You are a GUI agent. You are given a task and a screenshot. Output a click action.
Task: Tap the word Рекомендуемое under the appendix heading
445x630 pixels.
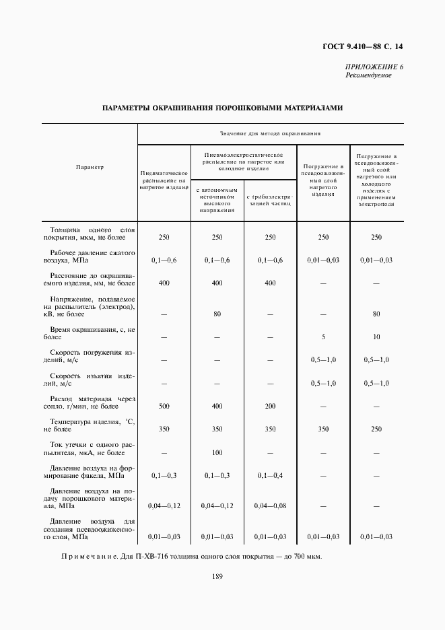click(368, 75)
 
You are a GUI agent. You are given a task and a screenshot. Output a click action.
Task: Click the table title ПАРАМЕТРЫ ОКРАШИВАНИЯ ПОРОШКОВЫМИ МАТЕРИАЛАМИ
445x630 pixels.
click(222, 107)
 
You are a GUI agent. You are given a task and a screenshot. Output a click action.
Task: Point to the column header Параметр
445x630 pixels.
click(90, 168)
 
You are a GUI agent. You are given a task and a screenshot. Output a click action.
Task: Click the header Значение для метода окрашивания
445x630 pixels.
click(271, 134)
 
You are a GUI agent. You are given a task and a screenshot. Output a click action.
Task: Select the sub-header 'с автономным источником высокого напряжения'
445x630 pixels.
click(217, 200)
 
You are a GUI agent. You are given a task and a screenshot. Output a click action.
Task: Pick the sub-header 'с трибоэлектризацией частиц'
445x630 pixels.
click(269, 200)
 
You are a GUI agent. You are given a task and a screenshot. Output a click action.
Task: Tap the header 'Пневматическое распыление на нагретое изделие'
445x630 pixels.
click(164, 180)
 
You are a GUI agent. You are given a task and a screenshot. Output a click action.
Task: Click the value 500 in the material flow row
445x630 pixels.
click(164, 407)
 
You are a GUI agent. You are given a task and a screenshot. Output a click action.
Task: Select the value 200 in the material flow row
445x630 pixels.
click(269, 407)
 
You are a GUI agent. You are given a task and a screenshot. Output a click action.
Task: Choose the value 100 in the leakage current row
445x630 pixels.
click(217, 452)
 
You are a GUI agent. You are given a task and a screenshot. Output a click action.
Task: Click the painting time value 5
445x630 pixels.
click(323, 336)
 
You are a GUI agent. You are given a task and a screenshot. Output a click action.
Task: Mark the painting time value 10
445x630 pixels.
click(376, 336)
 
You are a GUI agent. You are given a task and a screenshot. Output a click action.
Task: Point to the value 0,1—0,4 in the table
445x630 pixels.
click(269, 476)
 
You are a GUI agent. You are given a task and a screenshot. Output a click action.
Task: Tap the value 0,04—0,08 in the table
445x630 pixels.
click(269, 505)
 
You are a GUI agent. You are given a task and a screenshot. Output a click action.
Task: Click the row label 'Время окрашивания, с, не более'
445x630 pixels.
click(90, 332)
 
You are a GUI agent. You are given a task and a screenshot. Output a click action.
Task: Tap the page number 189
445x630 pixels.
click(217, 576)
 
